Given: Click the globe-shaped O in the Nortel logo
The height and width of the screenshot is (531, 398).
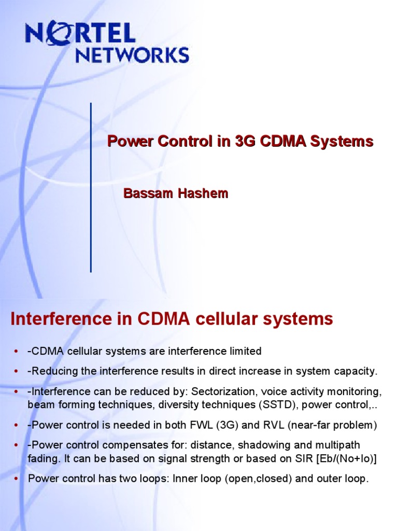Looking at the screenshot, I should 53,34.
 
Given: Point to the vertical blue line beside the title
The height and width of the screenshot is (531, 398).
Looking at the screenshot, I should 91,187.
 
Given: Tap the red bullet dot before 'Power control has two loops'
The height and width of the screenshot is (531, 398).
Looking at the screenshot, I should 16,479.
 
